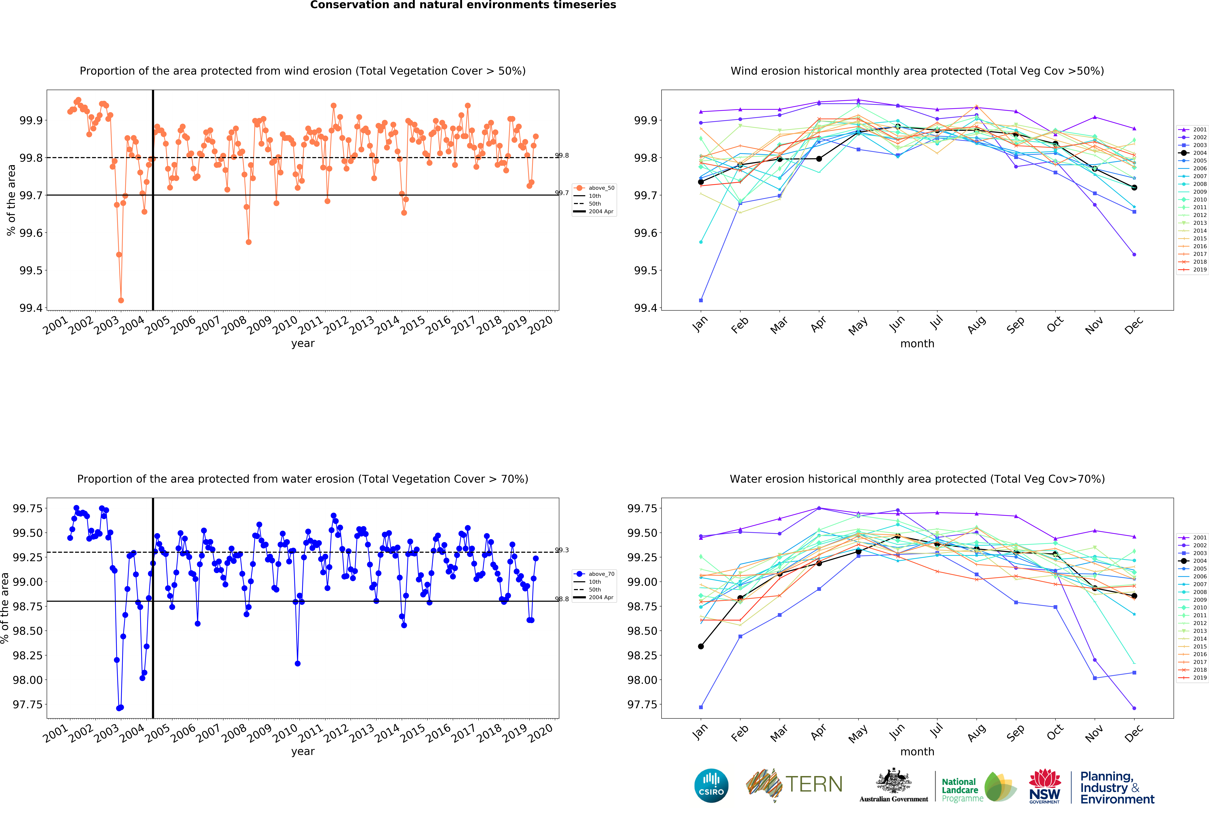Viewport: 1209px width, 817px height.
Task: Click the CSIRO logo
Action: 711,785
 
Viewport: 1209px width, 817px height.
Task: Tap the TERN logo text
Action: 814,784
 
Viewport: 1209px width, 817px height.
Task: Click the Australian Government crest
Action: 893,781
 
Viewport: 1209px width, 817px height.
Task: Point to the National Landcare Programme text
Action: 962,790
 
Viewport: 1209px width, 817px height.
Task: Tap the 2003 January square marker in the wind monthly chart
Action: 701,300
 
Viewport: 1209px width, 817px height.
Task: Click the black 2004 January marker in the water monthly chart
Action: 701,646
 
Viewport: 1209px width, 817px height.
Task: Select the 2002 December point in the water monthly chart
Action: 1134,708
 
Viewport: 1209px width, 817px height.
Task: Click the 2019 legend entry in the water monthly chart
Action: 1192,678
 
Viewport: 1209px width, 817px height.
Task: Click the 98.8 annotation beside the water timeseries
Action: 562,599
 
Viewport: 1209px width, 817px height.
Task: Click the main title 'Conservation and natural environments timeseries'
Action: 463,5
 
